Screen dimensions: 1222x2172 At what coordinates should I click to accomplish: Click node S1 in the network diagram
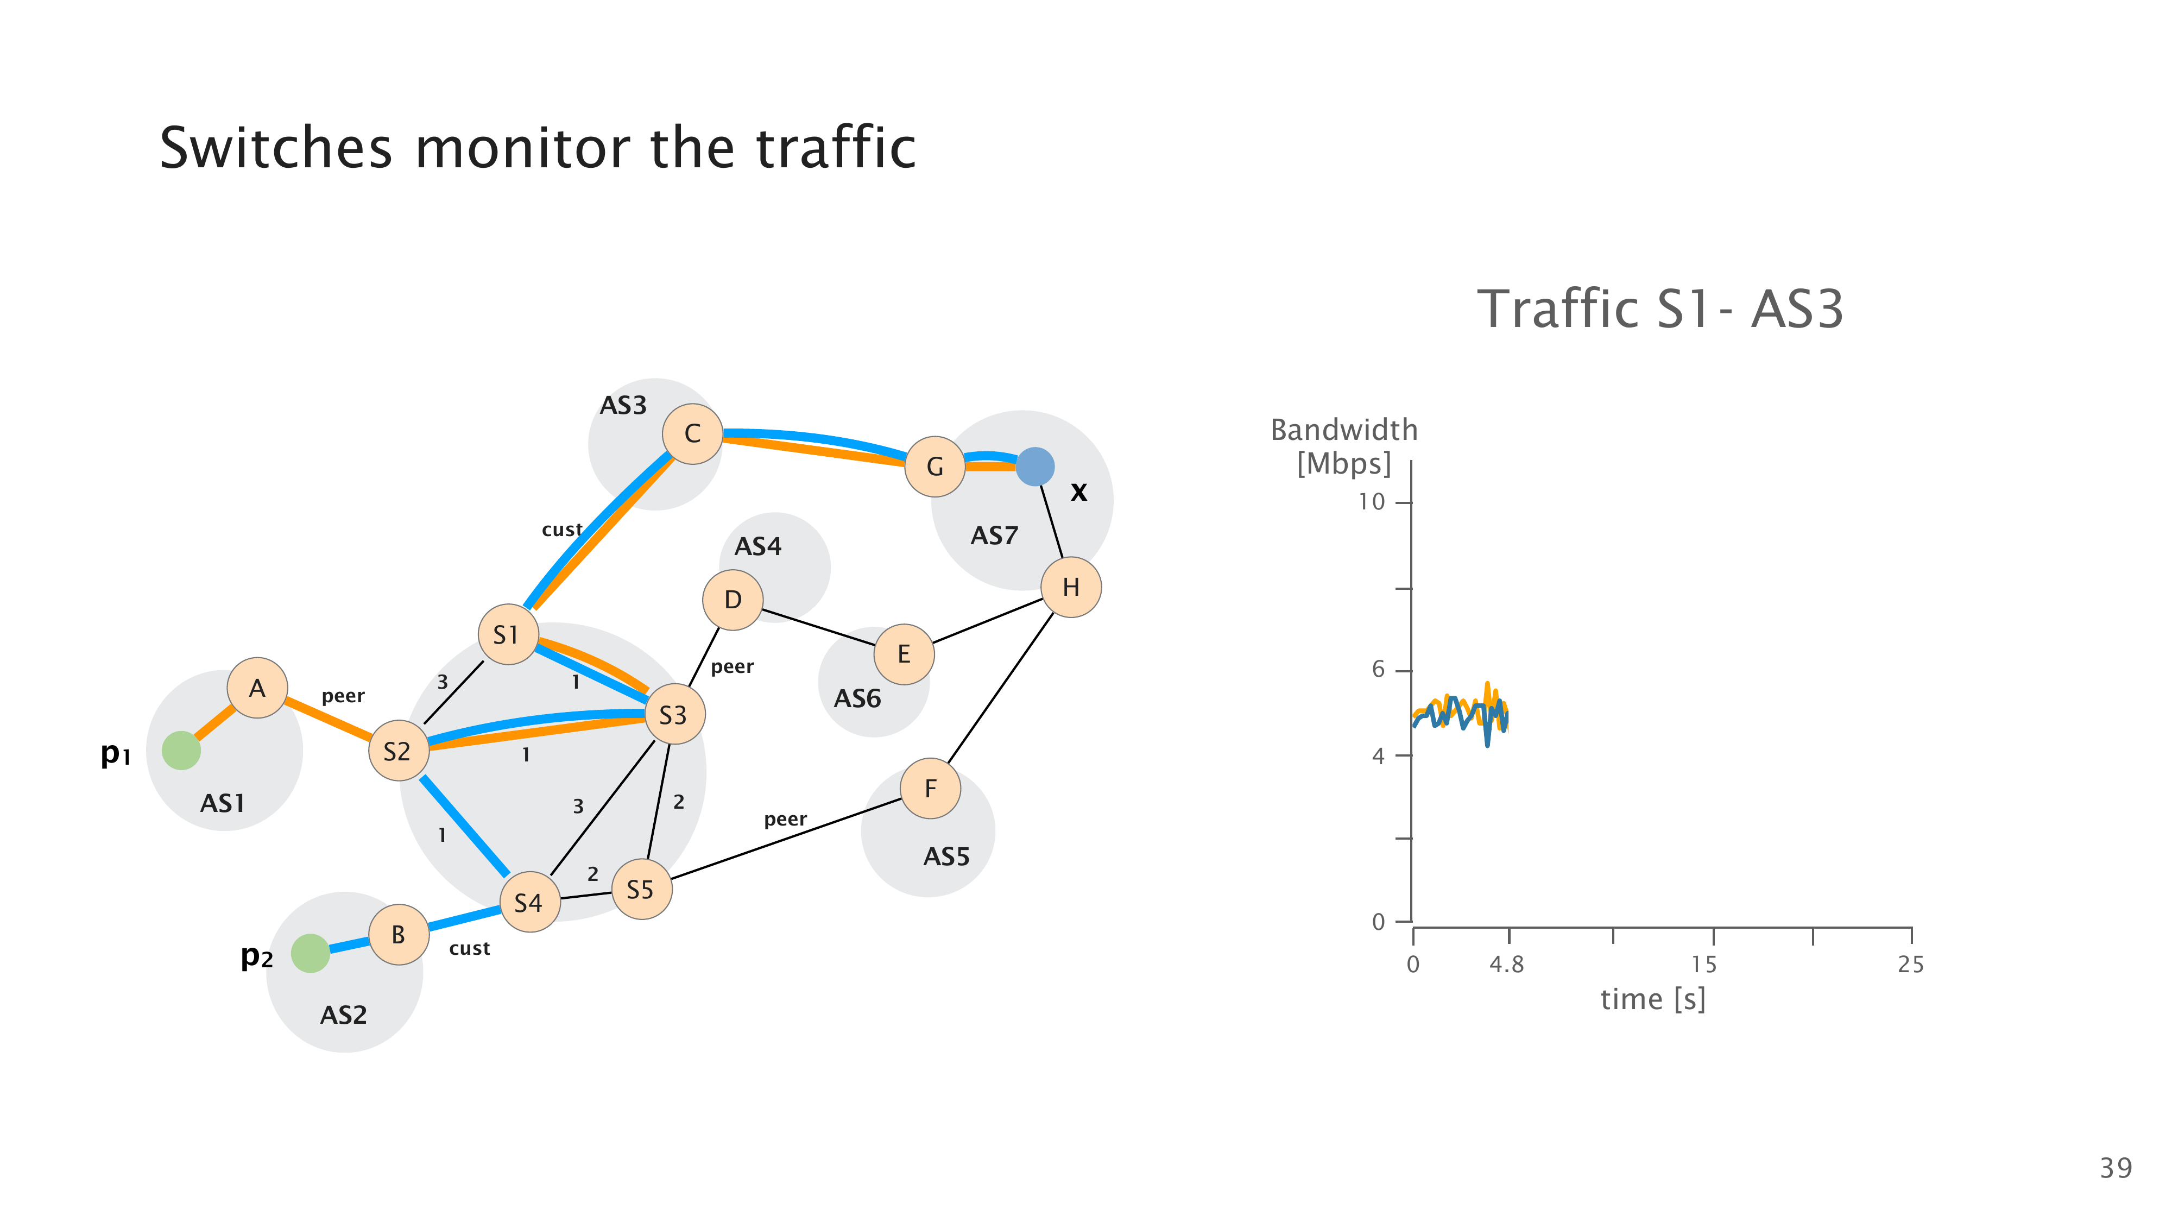[508, 634]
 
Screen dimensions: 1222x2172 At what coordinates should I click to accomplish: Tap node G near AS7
[934, 467]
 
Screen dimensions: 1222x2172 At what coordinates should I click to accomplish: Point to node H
[1071, 587]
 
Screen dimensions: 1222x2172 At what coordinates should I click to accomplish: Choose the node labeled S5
[642, 889]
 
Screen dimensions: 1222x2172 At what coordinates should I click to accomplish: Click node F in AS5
[930, 789]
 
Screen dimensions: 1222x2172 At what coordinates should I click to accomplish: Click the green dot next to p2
[310, 953]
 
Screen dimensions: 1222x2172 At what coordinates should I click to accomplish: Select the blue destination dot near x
[1034, 467]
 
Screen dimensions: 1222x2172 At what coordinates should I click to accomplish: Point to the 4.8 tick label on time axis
[1507, 965]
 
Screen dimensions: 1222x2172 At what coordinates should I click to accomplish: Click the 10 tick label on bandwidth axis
[1372, 502]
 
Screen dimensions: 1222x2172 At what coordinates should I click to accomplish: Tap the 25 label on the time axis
[1911, 965]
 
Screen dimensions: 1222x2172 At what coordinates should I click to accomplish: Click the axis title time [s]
[1652, 999]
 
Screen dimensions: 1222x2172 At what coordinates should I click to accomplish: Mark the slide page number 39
[2116, 1168]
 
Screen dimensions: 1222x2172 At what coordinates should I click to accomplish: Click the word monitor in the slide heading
[523, 148]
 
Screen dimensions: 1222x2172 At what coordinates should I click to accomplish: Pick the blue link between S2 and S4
[464, 825]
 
